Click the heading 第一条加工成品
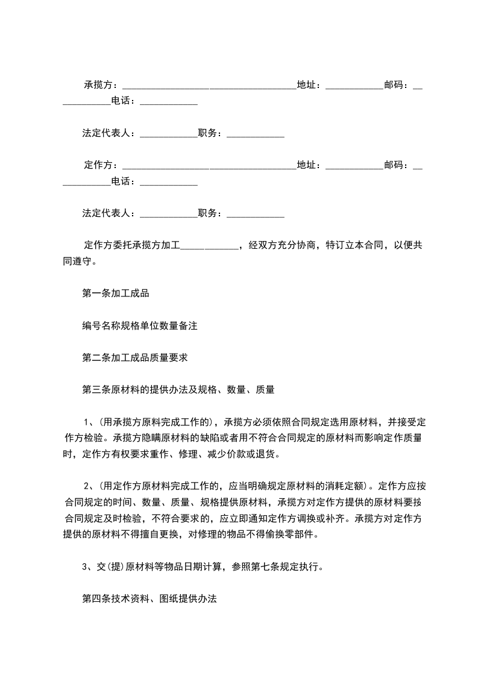click(115, 294)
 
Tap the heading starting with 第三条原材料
click(178, 390)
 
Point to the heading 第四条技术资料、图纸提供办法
click(149, 599)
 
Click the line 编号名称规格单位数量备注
click(139, 326)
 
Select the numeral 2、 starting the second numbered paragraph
click(87, 486)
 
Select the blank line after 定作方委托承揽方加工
click(209, 246)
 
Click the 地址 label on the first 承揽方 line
click(308, 85)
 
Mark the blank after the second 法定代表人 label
click(168, 213)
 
